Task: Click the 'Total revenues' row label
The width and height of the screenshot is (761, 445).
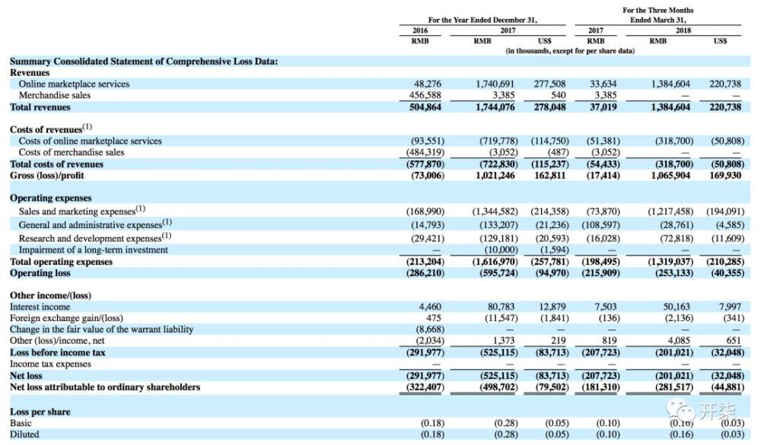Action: [40, 107]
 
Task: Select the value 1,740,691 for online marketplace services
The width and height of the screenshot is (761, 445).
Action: [495, 84]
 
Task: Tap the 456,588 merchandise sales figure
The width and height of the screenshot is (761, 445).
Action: [425, 95]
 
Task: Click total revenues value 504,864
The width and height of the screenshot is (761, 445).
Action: [425, 107]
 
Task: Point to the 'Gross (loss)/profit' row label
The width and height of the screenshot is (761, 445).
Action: [47, 175]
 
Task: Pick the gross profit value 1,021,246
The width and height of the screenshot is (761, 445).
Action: [495, 175]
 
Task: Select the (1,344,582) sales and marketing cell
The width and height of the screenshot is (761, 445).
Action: [495, 211]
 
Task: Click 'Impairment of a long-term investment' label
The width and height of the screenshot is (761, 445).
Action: [93, 250]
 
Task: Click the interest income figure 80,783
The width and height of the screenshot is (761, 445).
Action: [501, 307]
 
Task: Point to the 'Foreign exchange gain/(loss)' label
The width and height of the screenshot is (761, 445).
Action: [66, 318]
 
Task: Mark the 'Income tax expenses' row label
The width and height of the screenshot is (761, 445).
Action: [50, 364]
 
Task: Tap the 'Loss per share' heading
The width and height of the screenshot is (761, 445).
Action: [40, 412]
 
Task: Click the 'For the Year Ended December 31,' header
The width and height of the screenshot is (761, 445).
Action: [482, 20]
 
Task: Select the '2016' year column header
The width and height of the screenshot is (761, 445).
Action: [420, 30]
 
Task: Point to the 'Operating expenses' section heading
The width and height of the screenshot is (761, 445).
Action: [51, 198]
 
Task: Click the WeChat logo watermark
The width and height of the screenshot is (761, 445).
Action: [680, 410]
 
